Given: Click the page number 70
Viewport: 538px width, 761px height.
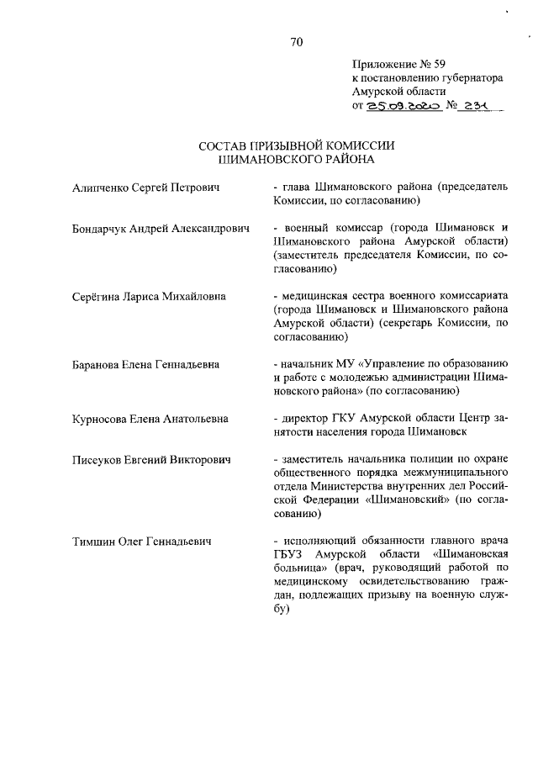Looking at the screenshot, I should point(296,42).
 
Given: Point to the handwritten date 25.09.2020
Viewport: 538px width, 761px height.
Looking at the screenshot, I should point(403,107).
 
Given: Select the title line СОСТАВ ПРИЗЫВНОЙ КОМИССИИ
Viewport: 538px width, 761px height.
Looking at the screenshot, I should point(296,145).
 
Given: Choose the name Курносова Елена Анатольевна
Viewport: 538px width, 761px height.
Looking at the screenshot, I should point(150,419).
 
